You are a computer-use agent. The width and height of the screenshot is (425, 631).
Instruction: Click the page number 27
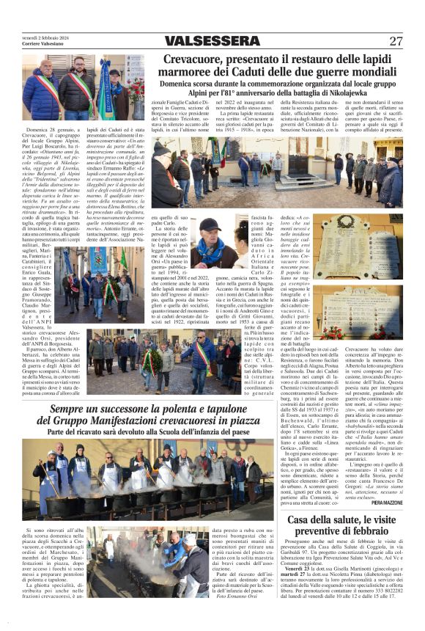click(396, 41)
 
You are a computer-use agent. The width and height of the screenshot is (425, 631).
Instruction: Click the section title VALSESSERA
click(212, 41)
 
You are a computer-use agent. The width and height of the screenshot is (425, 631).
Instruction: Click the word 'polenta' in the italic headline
click(165, 409)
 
